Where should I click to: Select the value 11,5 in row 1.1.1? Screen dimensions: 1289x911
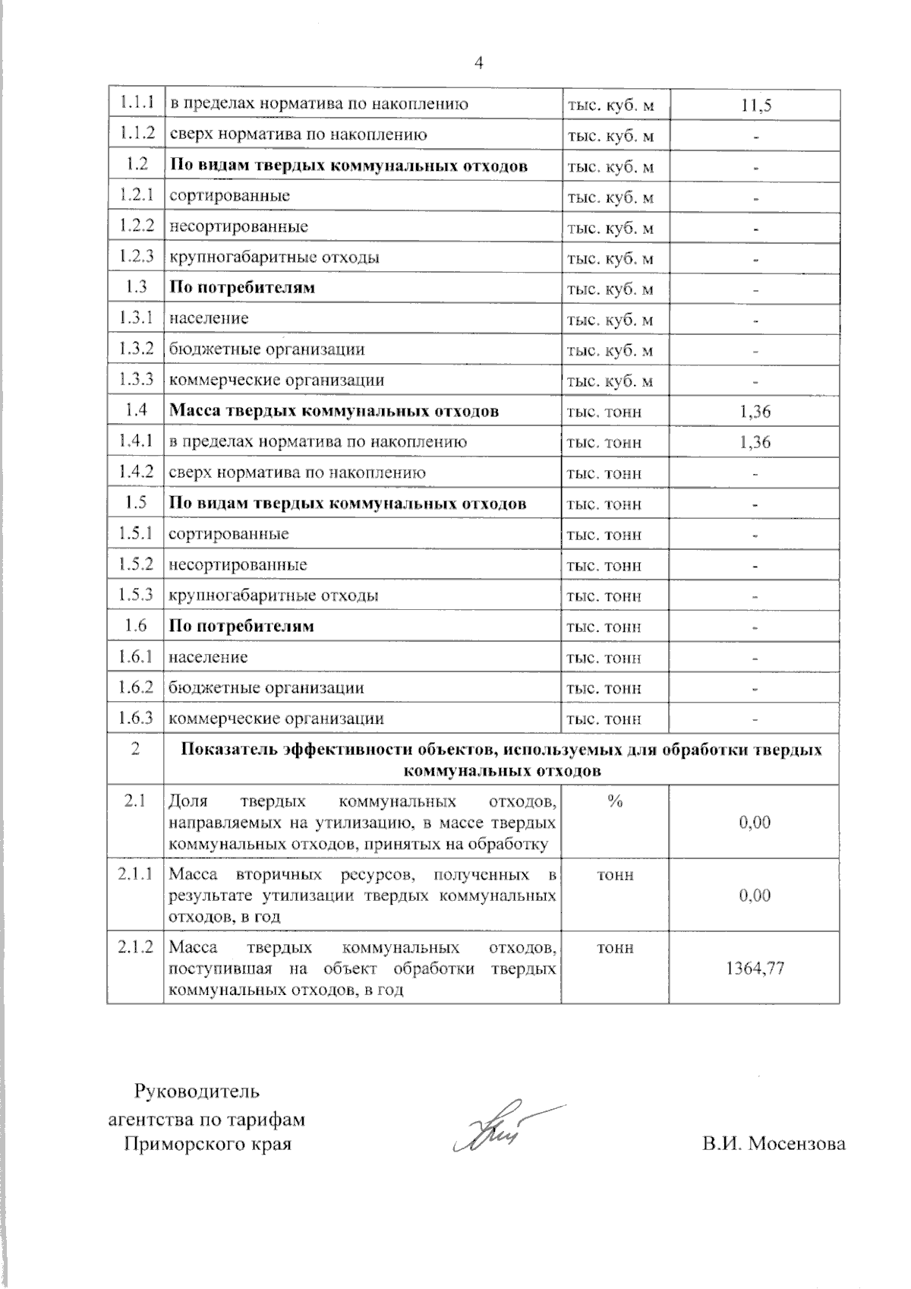pyautogui.click(x=755, y=105)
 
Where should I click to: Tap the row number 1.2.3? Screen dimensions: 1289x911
pyautogui.click(x=137, y=257)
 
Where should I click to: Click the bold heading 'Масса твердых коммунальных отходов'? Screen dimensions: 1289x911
pyautogui.click(x=333, y=411)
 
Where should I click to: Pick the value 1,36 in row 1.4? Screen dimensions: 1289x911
pyautogui.click(x=755, y=412)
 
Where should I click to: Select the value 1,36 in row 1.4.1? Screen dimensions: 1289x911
pyautogui.click(x=755, y=442)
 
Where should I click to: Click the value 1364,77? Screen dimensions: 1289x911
pyautogui.click(x=755, y=968)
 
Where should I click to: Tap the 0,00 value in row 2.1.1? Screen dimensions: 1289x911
pyautogui.click(x=755, y=896)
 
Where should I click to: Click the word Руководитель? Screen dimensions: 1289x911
pyautogui.click(x=197, y=1092)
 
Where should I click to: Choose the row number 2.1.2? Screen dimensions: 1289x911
pyautogui.click(x=136, y=948)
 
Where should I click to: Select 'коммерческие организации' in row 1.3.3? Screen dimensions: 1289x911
pyautogui.click(x=276, y=380)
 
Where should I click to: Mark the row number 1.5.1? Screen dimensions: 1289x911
pyautogui.click(x=137, y=534)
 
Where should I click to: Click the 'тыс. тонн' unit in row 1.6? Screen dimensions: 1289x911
pyautogui.click(x=604, y=627)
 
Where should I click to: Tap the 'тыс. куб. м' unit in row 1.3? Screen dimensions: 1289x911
pyautogui.click(x=610, y=289)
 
